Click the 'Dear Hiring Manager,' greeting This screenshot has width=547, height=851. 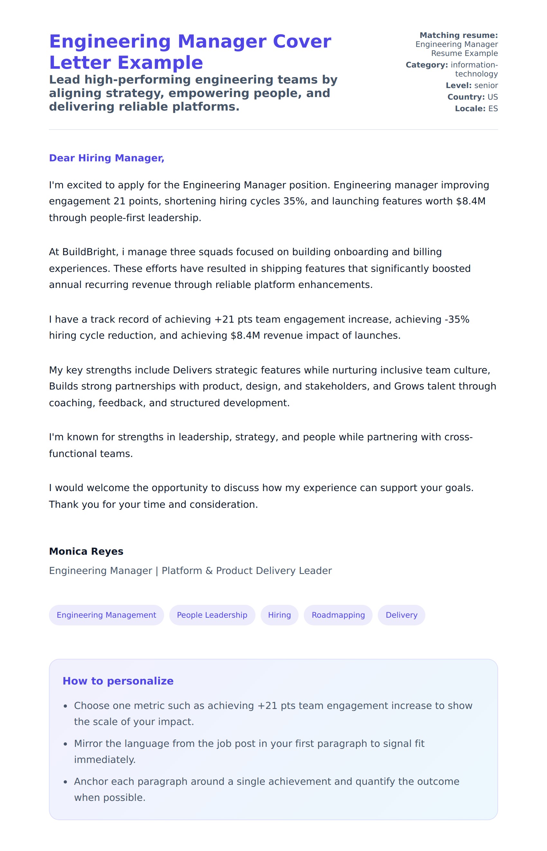(x=107, y=158)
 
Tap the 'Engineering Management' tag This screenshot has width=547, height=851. (x=106, y=615)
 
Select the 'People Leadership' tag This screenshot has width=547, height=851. (x=212, y=615)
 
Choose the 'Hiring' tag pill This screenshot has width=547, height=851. (x=279, y=615)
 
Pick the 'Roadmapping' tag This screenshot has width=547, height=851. (x=338, y=615)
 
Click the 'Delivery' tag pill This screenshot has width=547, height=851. (x=401, y=615)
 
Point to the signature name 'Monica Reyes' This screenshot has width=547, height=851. (x=86, y=551)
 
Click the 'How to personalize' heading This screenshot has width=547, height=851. (x=118, y=681)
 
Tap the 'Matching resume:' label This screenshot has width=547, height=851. (x=459, y=35)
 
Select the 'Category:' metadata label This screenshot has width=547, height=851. (x=427, y=65)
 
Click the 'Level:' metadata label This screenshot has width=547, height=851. (x=459, y=85)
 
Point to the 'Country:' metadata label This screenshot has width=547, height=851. (x=466, y=97)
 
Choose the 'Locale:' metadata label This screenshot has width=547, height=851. (x=470, y=109)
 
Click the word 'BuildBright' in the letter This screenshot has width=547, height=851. (x=89, y=252)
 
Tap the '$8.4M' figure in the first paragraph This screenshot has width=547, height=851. (x=471, y=201)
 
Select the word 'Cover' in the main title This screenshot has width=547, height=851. (x=301, y=41)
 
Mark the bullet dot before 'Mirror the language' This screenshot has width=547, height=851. (x=65, y=744)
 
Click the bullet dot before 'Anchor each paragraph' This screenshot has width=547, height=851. (x=65, y=782)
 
